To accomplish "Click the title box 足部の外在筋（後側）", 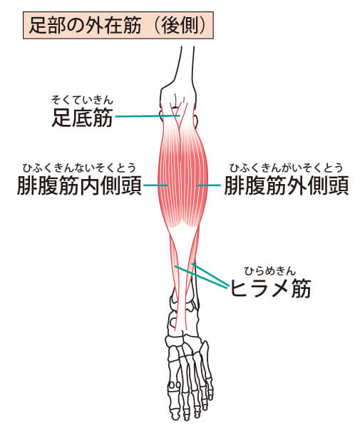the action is (x=118, y=26).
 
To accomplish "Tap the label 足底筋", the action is (x=82, y=118).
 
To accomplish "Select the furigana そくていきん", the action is (x=82, y=100).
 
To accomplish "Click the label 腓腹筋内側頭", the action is (x=79, y=185).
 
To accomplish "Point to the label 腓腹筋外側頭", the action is (x=287, y=185).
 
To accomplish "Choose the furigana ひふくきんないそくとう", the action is (x=79, y=168).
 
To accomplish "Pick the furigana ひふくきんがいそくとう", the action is (x=286, y=168).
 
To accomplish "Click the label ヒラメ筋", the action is (x=271, y=288).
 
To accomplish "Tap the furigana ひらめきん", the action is (x=269, y=271).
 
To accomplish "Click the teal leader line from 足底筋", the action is (x=148, y=116).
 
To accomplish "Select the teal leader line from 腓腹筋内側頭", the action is (x=155, y=185).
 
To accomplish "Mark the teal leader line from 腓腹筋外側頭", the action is (x=208, y=185).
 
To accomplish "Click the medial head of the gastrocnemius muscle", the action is (x=170, y=178).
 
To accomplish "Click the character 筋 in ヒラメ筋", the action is (x=302, y=288).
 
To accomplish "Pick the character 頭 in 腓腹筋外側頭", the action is (x=339, y=185).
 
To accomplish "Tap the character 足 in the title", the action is (x=37, y=26).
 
